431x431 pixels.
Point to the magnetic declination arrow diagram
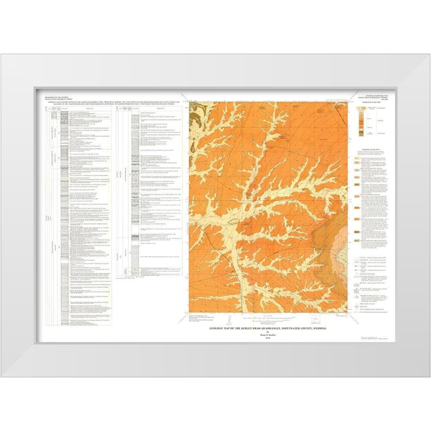(x=230, y=319)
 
